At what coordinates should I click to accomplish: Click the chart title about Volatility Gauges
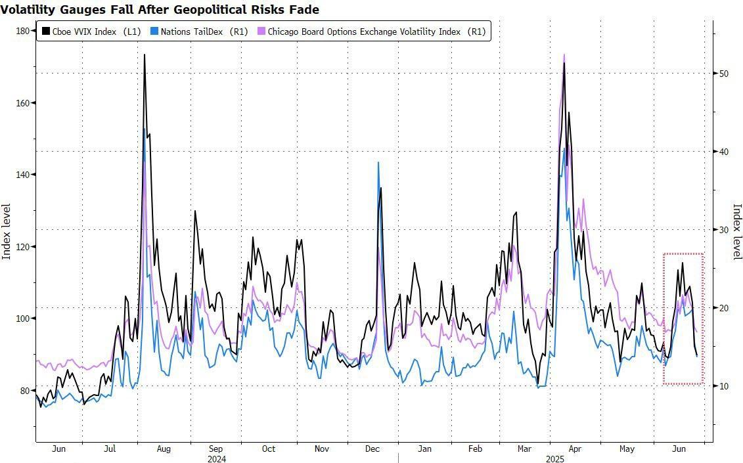pos(160,9)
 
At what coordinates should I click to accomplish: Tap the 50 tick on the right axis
pos(723,74)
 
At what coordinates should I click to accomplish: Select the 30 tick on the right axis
pos(723,230)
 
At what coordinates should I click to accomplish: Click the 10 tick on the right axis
pos(723,386)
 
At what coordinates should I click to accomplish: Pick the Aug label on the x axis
pos(164,449)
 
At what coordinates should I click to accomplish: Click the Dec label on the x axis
pos(372,449)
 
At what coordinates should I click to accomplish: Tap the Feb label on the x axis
pos(475,449)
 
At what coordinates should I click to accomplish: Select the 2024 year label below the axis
pos(216,458)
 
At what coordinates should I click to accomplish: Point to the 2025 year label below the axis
pos(555,458)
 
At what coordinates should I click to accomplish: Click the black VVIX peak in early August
pos(144,55)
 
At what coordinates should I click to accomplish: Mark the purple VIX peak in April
pos(564,55)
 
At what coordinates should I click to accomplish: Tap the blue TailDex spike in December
pos(378,162)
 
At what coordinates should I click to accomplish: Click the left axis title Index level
pos(7,231)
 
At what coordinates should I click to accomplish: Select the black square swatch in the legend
pos(46,32)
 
